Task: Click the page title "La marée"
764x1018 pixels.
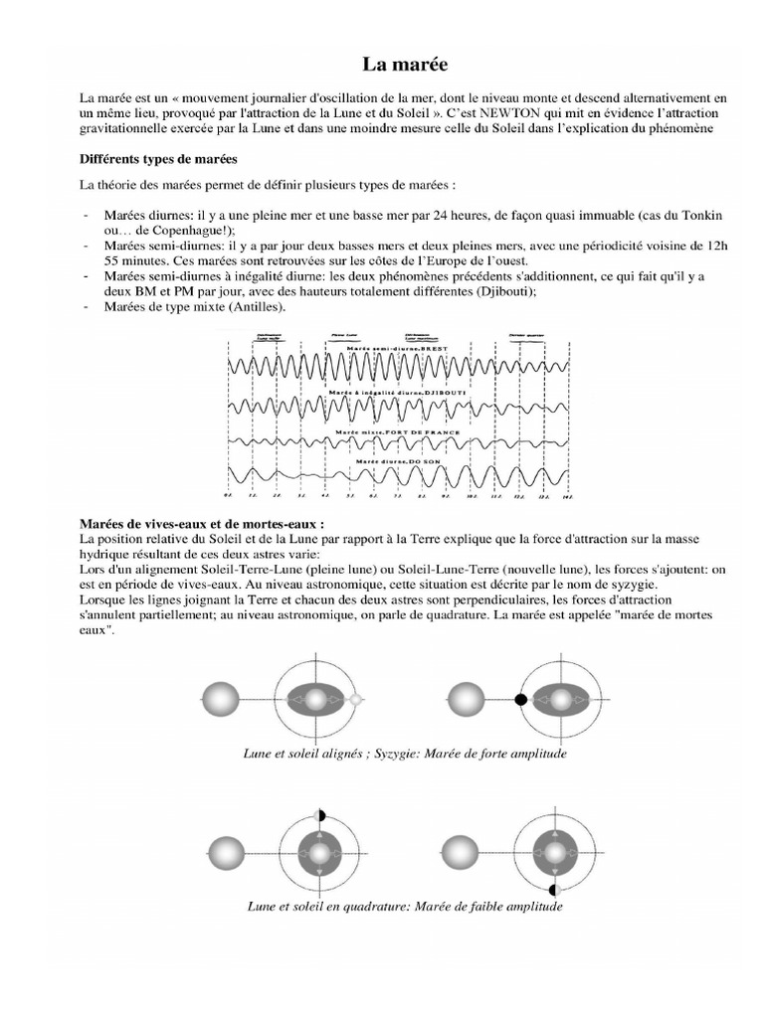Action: point(404,65)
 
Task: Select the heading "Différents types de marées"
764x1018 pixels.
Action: point(157,159)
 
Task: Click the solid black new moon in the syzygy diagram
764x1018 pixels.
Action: point(520,701)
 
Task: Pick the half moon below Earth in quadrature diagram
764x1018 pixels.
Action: point(554,888)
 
